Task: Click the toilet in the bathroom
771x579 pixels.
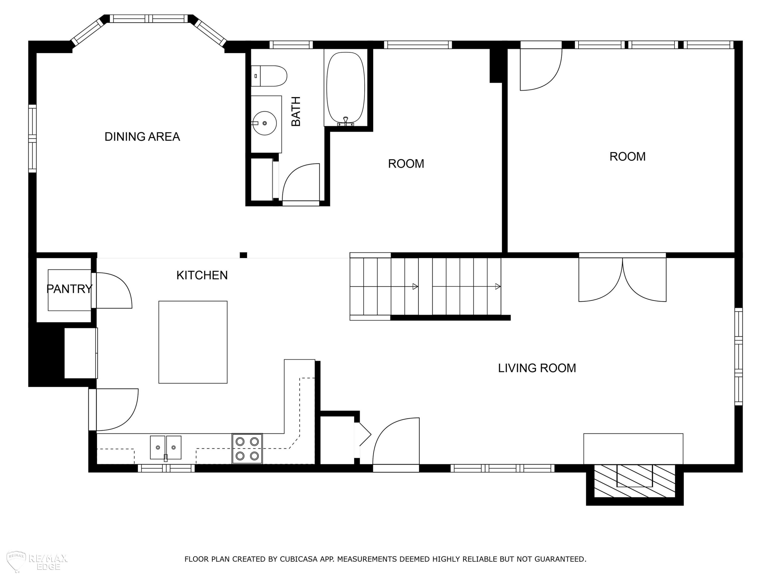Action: click(269, 76)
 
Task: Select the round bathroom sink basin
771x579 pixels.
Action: click(264, 123)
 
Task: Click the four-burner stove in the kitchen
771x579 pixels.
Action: click(247, 449)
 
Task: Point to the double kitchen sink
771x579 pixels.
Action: click(166, 448)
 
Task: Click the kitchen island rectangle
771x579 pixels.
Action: click(193, 342)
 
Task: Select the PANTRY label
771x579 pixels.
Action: click(69, 289)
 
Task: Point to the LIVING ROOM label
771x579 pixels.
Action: click(537, 368)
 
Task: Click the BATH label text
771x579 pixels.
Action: click(296, 111)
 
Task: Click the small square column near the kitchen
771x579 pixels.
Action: click(243, 255)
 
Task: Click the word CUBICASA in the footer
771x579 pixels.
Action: click(299, 559)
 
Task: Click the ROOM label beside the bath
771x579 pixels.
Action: click(406, 164)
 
